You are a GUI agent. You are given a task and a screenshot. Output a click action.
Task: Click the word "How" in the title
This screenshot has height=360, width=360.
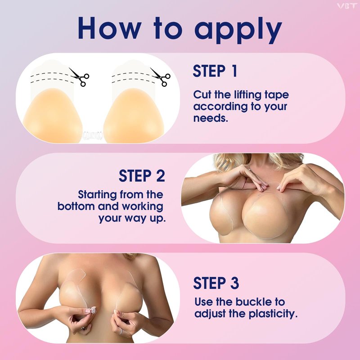tap(109, 28)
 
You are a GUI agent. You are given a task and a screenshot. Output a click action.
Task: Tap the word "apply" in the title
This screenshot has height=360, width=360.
tap(238, 30)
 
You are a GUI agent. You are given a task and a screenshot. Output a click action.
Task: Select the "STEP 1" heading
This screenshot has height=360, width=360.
tap(215, 71)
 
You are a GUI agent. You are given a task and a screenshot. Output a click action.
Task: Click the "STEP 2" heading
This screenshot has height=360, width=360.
tap(142, 176)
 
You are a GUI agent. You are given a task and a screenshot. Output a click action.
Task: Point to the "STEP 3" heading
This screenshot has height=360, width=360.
tap(216, 283)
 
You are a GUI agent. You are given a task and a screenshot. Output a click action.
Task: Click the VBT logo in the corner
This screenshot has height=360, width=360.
tap(346, 6)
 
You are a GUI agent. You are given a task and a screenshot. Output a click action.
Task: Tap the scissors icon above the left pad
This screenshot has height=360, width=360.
tap(79, 76)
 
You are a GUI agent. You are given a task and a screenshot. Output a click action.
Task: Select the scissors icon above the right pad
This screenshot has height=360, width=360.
tap(160, 76)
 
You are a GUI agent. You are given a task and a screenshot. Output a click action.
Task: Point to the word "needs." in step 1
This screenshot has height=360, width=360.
tap(211, 118)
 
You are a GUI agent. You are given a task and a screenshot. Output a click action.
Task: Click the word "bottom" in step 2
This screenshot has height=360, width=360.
tap(76, 206)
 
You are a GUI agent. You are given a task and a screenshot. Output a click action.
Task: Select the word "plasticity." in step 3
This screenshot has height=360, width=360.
tap(273, 314)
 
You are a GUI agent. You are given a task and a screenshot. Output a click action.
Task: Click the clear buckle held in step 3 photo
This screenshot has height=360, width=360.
tap(92, 310)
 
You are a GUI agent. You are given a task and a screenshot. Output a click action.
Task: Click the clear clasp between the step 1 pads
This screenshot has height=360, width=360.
tap(93, 136)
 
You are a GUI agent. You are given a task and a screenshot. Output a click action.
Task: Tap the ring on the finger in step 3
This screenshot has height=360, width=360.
tap(121, 331)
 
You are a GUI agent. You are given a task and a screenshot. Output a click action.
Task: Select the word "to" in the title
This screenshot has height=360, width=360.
tap(168, 28)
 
